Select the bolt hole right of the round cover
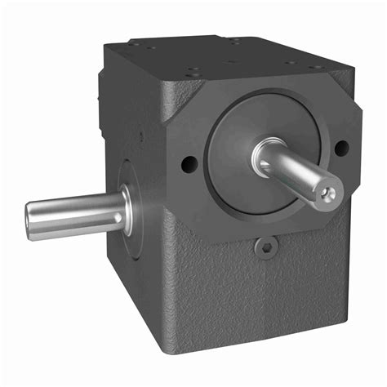tap(341, 148)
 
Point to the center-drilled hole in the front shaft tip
tap(327, 193)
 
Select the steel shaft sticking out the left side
tap(78, 215)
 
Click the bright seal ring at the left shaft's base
tap(127, 209)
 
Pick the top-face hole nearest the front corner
tap(193, 73)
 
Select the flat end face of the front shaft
tap(328, 193)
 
